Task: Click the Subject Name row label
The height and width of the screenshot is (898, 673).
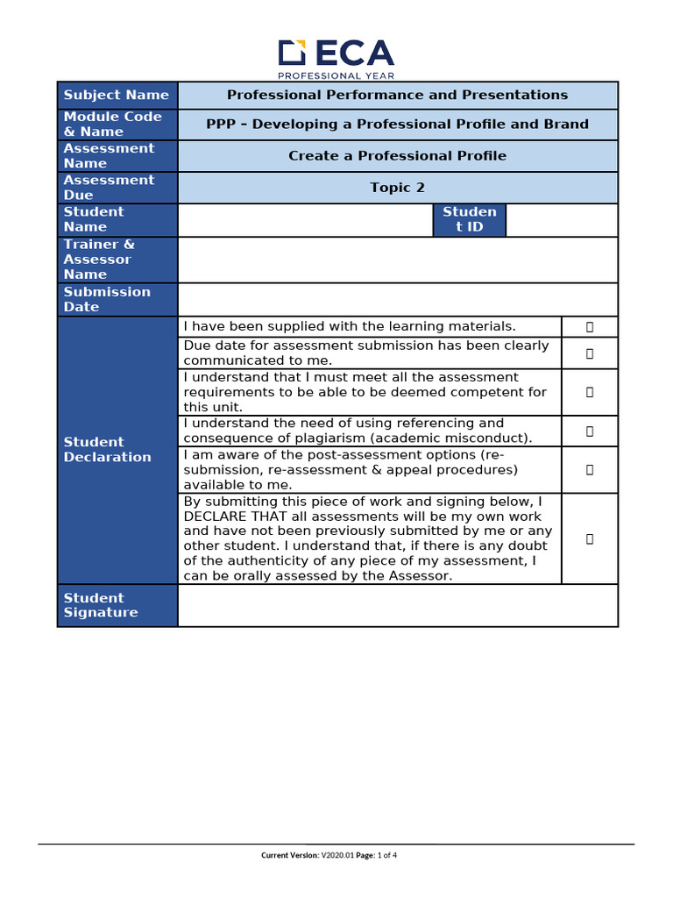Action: tap(117, 96)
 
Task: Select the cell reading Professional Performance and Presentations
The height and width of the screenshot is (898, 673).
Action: tap(397, 96)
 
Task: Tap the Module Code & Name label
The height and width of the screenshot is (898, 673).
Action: tap(117, 125)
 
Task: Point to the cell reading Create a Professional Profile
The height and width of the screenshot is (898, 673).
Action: tap(397, 156)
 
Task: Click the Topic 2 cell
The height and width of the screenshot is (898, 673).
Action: tap(397, 188)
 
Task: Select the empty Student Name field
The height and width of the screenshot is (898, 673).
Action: tap(305, 220)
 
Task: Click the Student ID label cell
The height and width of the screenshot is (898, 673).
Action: tap(469, 220)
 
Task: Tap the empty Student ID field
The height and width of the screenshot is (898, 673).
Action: tap(562, 220)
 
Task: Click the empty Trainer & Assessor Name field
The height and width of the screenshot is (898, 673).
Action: tap(397, 260)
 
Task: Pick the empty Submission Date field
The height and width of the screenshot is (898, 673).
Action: tap(397, 299)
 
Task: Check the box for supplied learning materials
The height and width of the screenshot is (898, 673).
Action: tap(590, 327)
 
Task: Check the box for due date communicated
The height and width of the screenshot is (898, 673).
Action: tap(590, 353)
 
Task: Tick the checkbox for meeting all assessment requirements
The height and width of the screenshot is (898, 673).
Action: tap(590, 392)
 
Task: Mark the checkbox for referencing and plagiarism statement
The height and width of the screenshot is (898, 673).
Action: tap(590, 431)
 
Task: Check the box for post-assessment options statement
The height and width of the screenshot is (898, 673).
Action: tap(590, 469)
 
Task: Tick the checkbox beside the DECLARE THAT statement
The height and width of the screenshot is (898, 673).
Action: tap(590, 538)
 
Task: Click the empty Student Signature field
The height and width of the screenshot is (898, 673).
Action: tap(397, 605)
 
